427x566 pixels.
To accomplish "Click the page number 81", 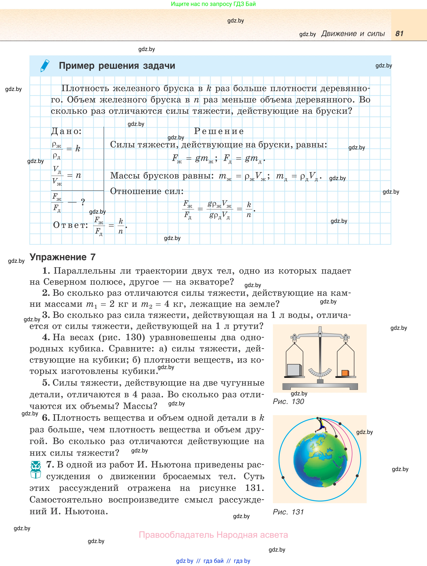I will click(x=399, y=34).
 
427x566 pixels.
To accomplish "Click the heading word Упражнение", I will click(x=58, y=257).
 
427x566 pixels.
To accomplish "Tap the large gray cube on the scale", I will click(x=294, y=370).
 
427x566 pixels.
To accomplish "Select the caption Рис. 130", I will click(x=288, y=401).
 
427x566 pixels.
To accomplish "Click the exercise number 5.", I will click(x=46, y=383).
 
